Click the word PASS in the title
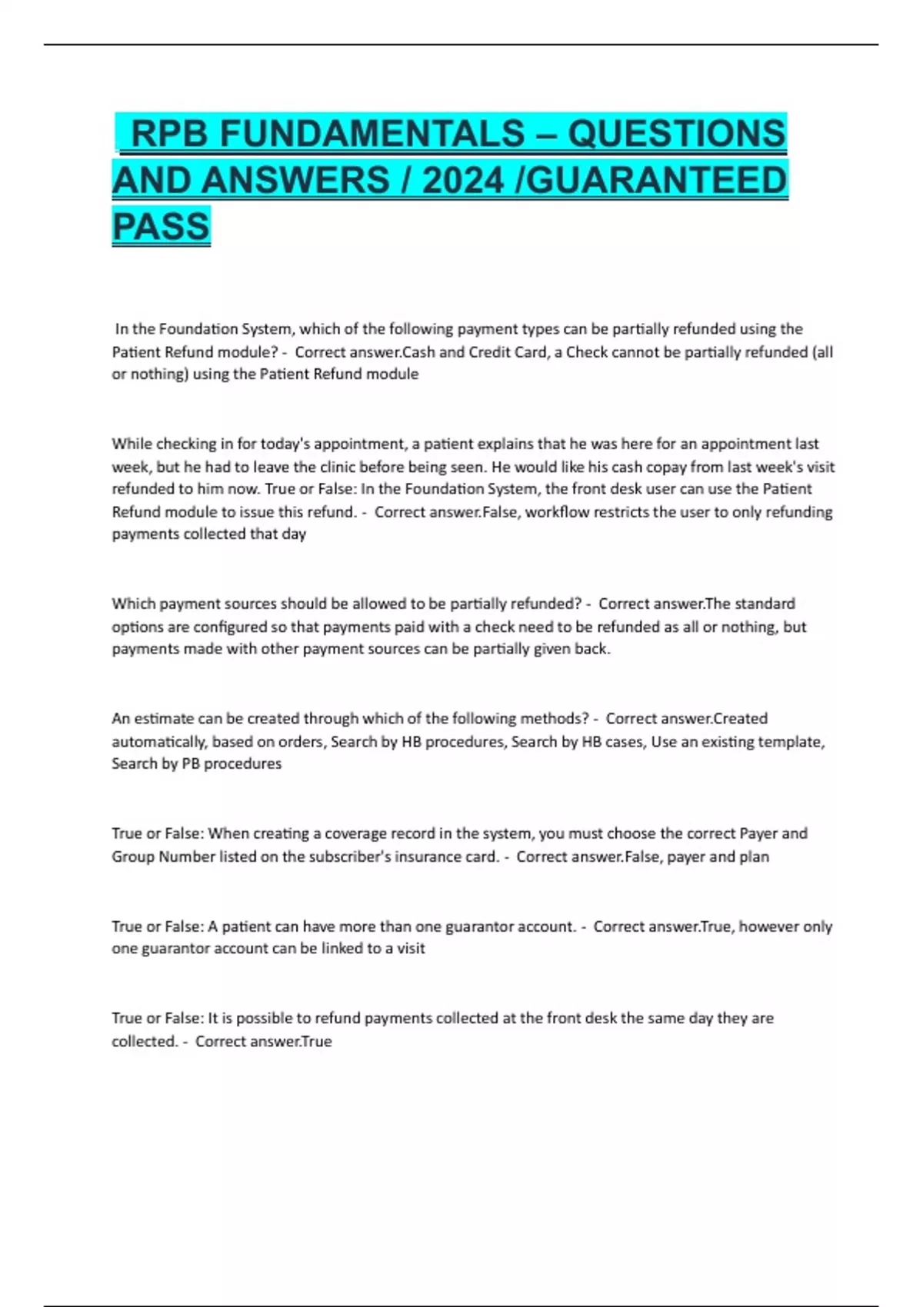click(161, 227)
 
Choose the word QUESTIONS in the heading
click(677, 134)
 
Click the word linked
click(342, 949)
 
